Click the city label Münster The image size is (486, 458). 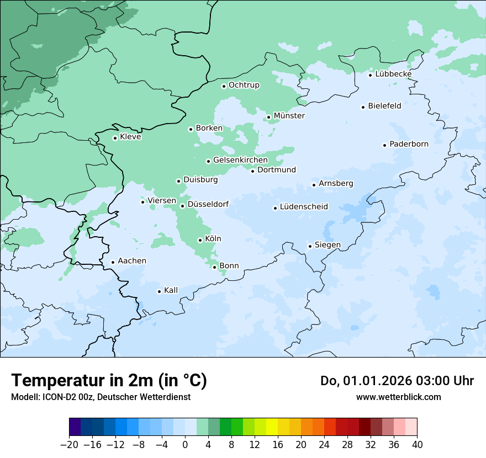289,116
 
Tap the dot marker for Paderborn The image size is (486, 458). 384,145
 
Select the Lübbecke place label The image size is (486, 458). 393,74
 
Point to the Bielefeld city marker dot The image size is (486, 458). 363,107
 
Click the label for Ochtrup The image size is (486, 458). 244,85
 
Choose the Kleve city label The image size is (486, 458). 130,137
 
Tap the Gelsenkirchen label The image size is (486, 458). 240,160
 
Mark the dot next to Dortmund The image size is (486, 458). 253,171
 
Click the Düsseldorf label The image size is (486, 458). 208,204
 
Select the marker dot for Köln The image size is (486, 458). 200,240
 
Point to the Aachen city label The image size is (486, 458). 132,260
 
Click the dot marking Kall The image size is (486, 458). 159,291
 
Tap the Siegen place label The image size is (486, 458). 327,245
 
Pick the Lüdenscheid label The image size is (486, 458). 304,207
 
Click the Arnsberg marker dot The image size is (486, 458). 314,185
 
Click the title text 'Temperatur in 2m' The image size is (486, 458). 83,380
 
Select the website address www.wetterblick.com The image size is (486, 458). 398,397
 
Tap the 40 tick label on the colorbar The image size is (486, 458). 417,444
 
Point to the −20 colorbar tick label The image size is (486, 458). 69,444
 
